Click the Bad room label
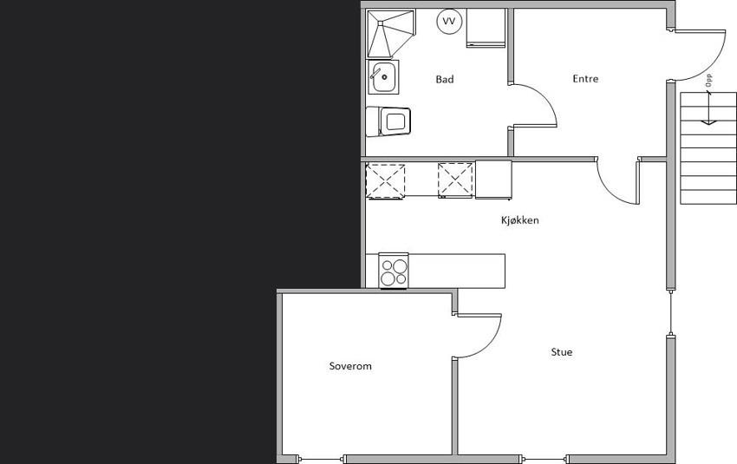tap(445, 79)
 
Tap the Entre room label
tap(585, 79)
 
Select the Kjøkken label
tap(520, 220)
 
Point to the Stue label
tap(562, 351)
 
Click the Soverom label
tap(350, 366)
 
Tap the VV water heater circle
tap(449, 21)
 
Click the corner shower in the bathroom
tap(391, 33)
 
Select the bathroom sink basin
tap(383, 76)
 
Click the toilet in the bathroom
tap(388, 121)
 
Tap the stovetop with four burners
tap(394, 271)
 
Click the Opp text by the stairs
tap(708, 80)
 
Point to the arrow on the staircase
tap(708, 108)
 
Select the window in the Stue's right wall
tap(671, 312)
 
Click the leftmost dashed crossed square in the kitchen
tap(386, 181)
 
